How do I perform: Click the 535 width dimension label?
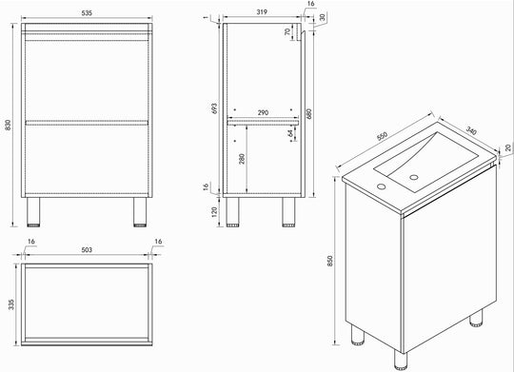pos(87,13)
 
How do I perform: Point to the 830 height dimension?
pos(8,125)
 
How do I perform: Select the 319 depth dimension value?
pos(262,12)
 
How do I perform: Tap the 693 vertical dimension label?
pos(214,108)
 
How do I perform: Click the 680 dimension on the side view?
pos(309,113)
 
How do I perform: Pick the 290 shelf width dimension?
pos(263,113)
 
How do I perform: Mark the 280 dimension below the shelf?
pos(242,159)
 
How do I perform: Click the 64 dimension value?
pos(290,133)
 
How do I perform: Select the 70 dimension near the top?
pos(287,31)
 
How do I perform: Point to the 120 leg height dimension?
pos(214,212)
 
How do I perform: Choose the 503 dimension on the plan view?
pos(87,250)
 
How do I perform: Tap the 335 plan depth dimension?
pos(11,304)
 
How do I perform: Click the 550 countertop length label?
pos(383,136)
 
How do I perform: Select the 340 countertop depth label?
pos(471,130)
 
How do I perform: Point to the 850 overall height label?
pos(329,261)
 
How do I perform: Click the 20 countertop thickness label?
pos(508,147)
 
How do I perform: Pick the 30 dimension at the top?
pos(323,17)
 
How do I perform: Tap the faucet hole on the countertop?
pos(382,186)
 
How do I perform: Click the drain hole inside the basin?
pos(414,177)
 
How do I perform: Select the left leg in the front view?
pos(33,212)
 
